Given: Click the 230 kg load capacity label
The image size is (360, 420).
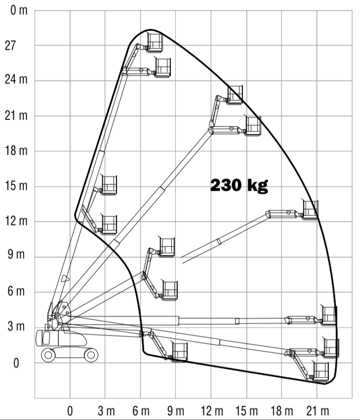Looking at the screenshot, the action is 239,185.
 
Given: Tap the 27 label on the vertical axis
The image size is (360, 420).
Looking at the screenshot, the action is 10,46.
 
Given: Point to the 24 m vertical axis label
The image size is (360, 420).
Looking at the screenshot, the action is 16,80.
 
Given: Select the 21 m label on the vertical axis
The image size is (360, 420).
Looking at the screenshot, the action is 16,116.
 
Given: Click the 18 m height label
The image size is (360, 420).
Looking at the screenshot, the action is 16,151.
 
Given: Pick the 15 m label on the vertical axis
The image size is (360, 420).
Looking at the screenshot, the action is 16,186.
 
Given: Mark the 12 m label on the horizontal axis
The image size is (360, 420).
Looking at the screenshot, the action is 212,411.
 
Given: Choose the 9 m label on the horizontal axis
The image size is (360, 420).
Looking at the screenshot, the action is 176,411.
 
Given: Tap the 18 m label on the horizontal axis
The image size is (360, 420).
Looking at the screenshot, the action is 282,411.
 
